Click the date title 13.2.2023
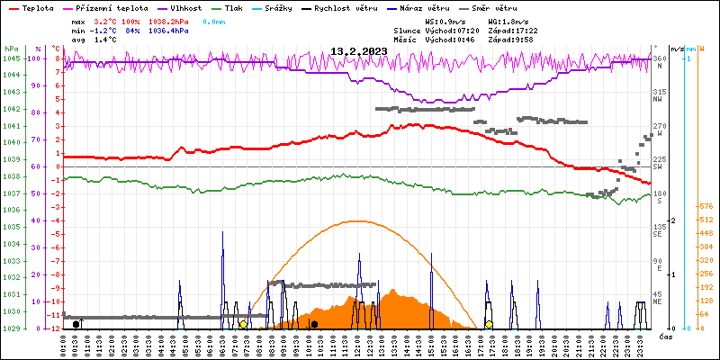pyautogui.click(x=358, y=51)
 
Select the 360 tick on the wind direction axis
pyautogui.click(x=659, y=58)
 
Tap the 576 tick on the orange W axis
pyautogui.click(x=706, y=207)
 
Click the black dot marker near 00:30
pyautogui.click(x=76, y=324)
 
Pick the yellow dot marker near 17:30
pyautogui.click(x=489, y=324)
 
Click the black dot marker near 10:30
pyautogui.click(x=314, y=324)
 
